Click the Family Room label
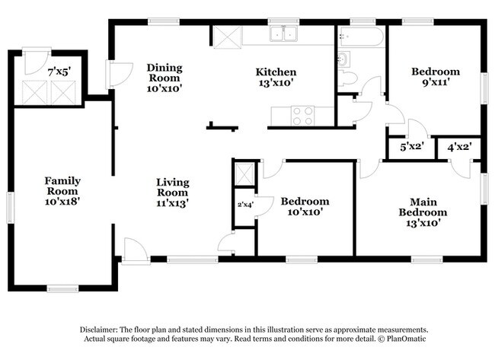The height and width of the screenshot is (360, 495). [62, 186]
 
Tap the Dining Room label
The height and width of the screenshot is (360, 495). [164, 73]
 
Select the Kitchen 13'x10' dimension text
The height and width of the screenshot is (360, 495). [276, 83]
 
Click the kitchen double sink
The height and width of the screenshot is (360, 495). [283, 33]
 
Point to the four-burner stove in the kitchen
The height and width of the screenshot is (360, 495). [303, 116]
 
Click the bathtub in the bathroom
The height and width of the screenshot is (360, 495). [360, 37]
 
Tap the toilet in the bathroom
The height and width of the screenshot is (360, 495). [347, 78]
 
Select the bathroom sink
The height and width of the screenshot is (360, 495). [344, 59]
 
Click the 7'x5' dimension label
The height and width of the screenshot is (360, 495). [59, 72]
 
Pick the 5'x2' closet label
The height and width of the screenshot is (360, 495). [412, 147]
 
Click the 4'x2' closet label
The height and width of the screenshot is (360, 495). [460, 146]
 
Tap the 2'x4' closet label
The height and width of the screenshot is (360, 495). [246, 205]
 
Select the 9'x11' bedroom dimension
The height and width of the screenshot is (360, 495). [436, 82]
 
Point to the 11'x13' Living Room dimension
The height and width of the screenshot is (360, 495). [173, 203]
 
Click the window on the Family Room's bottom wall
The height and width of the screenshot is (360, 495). [62, 288]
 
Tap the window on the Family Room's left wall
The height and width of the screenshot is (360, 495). [11, 208]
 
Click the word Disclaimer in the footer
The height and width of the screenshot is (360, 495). [99, 330]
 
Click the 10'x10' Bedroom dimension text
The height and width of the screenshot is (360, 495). [305, 212]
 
